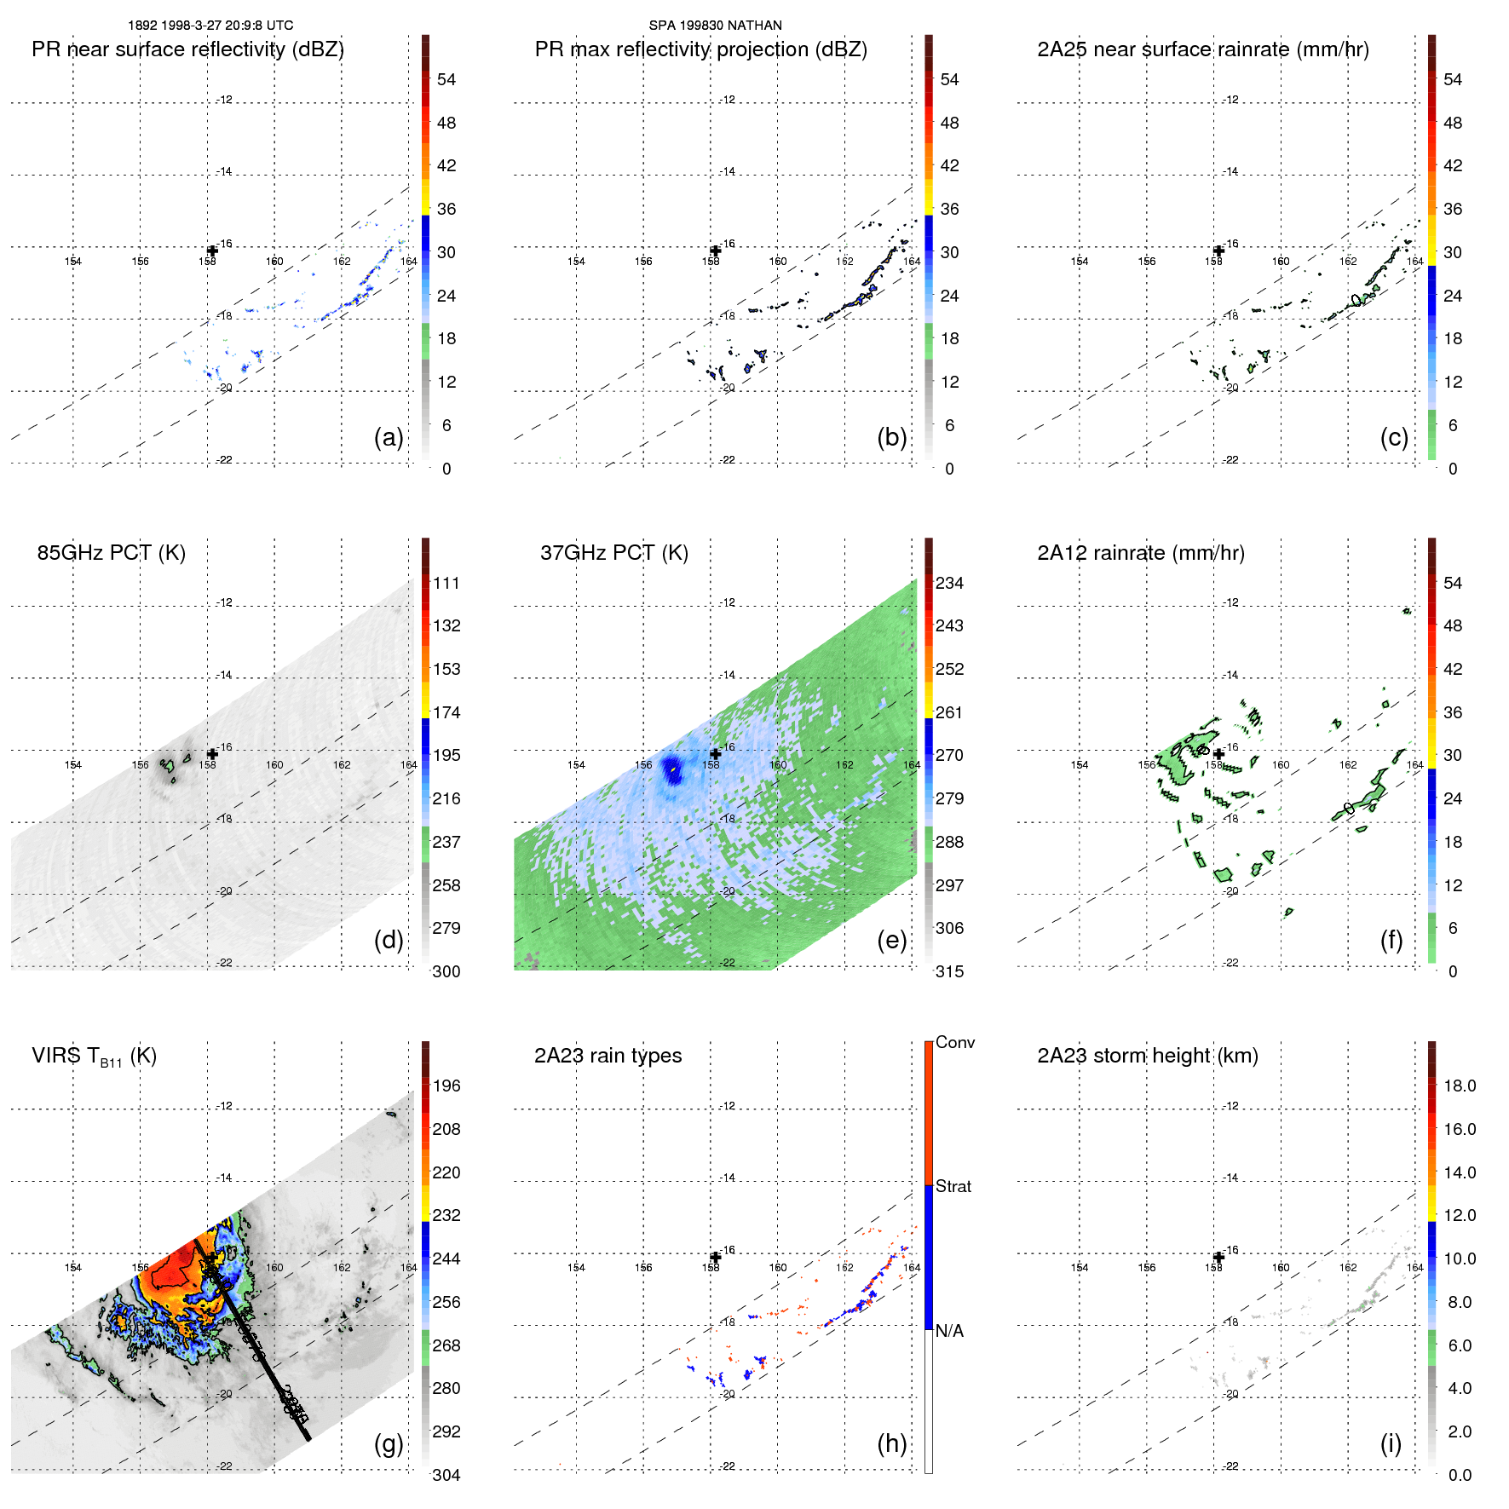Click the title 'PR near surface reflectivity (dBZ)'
(x=187, y=49)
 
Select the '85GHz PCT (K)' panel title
(x=111, y=553)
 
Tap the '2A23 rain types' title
(x=608, y=1056)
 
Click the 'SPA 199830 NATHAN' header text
(x=715, y=26)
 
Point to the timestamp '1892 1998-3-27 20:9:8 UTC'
(x=210, y=26)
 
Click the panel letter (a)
(x=389, y=437)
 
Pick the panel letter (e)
(x=891, y=940)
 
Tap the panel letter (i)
(x=1391, y=1443)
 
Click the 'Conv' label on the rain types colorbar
(x=954, y=1042)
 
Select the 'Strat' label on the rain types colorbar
(x=953, y=1186)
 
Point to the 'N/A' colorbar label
(x=949, y=1331)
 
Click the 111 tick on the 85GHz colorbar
(x=446, y=583)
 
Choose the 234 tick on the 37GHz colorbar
(x=949, y=583)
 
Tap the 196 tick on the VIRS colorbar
(x=446, y=1086)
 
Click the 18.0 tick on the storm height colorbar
(x=1459, y=1086)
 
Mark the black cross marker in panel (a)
(x=212, y=251)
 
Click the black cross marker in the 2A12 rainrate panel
(x=1218, y=754)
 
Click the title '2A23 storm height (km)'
(x=1147, y=1056)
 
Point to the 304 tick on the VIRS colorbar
(x=446, y=1475)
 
